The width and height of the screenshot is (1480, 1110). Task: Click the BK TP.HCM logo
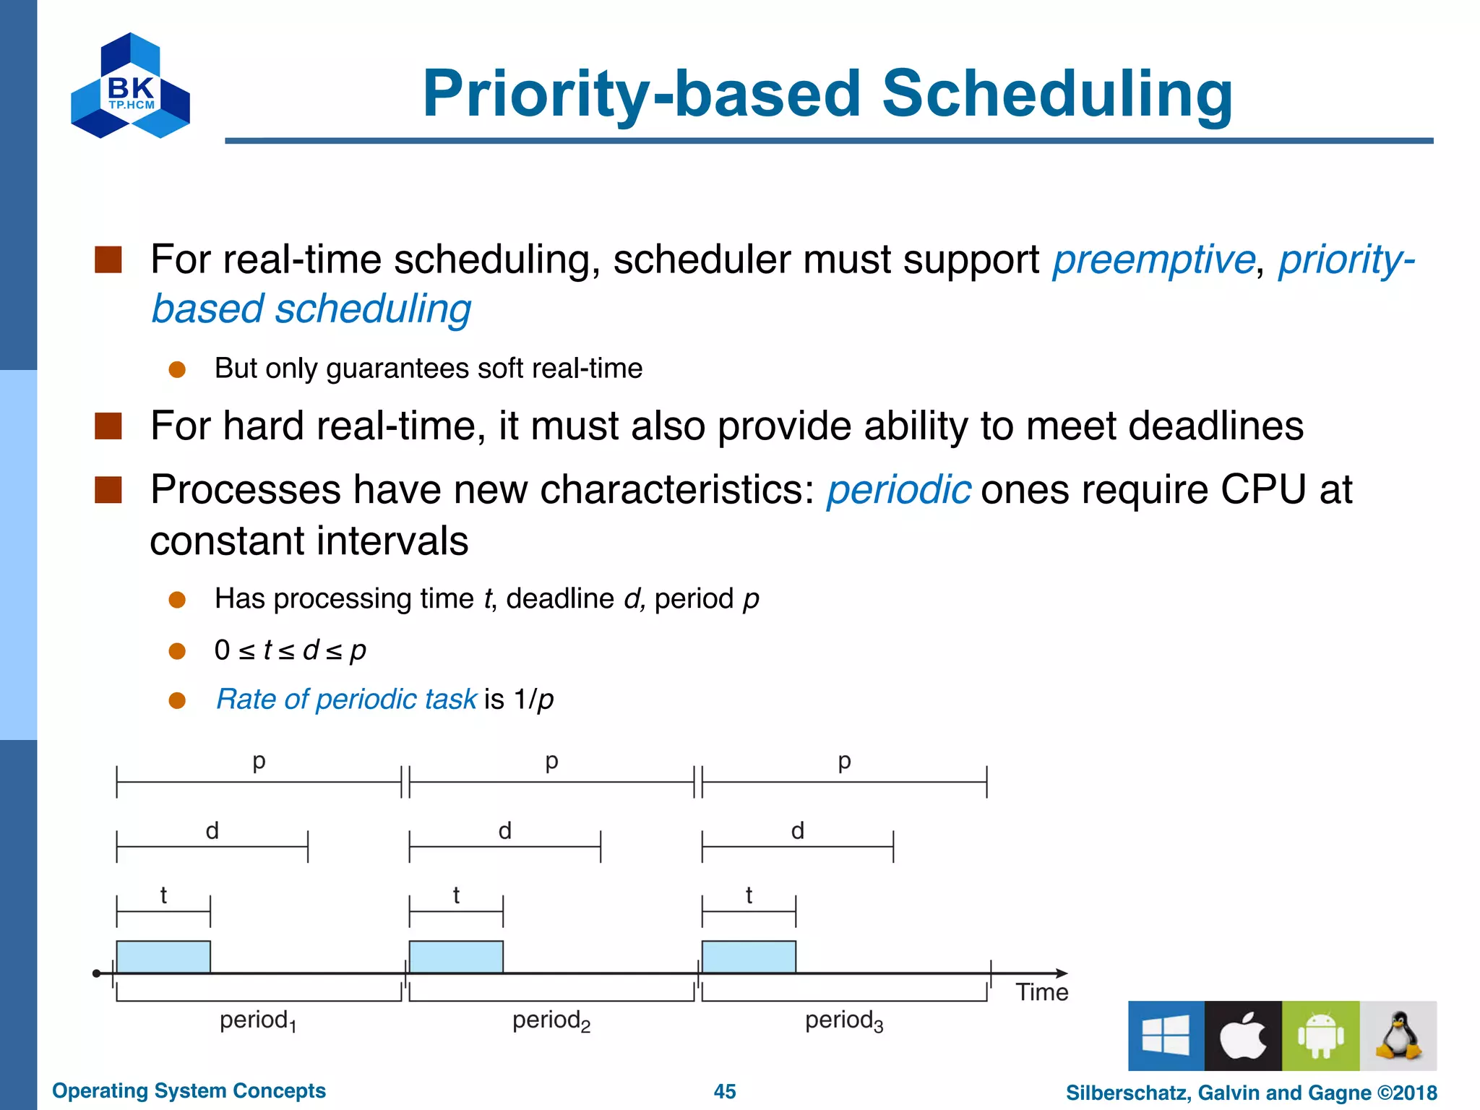[131, 87]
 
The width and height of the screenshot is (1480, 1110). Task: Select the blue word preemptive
[1153, 259]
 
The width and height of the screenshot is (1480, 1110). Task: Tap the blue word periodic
[898, 490]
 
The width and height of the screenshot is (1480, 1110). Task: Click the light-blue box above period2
[456, 957]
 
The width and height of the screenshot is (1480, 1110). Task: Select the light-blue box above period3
[749, 957]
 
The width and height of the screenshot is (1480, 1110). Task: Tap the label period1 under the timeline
[258, 1020]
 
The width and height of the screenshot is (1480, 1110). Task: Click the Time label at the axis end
[1041, 992]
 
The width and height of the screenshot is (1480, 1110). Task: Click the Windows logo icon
[1166, 1036]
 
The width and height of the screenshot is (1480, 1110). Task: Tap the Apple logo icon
[1243, 1036]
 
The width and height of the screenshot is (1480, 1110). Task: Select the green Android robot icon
[1320, 1036]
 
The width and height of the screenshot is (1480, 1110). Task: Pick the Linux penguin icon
[1398, 1036]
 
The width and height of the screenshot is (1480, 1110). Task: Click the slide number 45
[725, 1091]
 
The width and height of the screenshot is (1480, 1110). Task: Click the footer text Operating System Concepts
[189, 1090]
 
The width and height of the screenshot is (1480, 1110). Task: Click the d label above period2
[505, 831]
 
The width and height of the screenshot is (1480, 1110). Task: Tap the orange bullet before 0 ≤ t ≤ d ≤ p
[177, 651]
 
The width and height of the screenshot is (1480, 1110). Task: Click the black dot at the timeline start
[97, 973]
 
